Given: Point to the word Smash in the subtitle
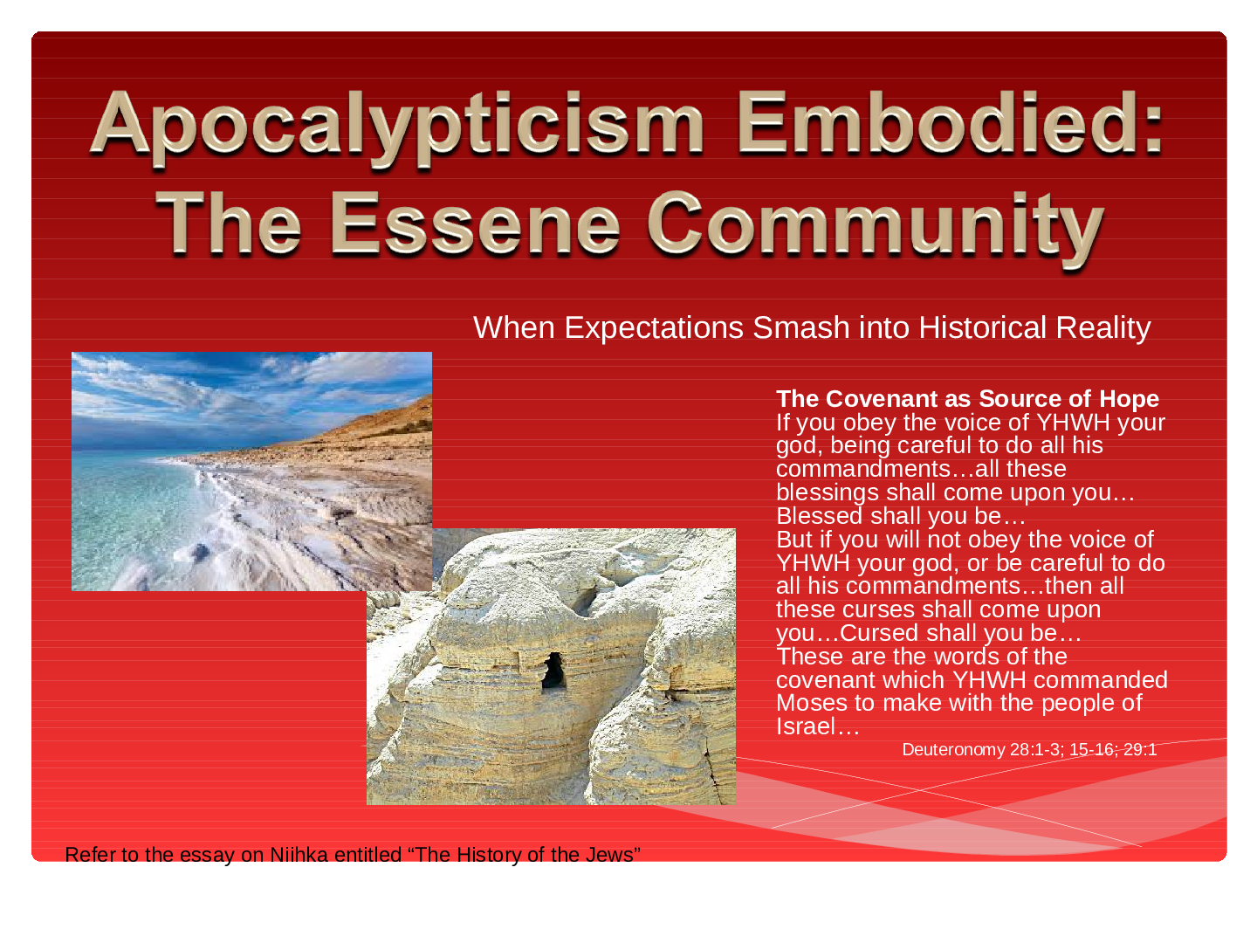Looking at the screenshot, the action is tap(793, 327).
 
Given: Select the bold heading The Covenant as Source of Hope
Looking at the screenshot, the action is tap(967, 398).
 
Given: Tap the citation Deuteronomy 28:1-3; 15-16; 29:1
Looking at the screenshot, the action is tap(1029, 749).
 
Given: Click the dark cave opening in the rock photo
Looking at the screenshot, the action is tap(553, 671).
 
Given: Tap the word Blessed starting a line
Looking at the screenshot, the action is tap(819, 516).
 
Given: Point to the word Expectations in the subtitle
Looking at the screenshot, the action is tap(654, 328).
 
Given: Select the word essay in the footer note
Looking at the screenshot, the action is tap(209, 855).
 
